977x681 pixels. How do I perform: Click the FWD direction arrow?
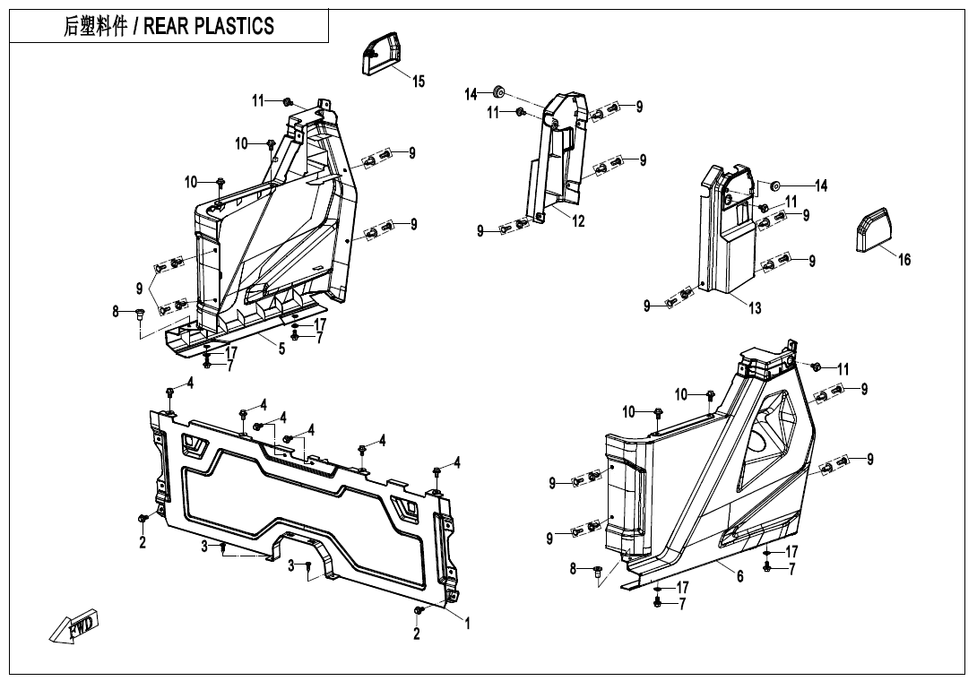pyautogui.click(x=76, y=626)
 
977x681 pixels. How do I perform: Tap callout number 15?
pyautogui.click(x=419, y=82)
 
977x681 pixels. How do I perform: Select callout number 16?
pyautogui.click(x=904, y=260)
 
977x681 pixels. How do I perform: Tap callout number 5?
pyautogui.click(x=281, y=349)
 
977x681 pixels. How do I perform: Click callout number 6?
pyautogui.click(x=740, y=576)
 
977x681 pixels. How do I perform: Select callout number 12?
pyautogui.click(x=579, y=221)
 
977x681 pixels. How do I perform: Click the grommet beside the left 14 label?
pyautogui.click(x=499, y=92)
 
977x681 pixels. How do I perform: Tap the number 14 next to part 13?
pyautogui.click(x=820, y=185)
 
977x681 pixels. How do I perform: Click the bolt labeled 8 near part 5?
pyautogui.click(x=140, y=313)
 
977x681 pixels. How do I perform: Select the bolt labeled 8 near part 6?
pyautogui.click(x=598, y=570)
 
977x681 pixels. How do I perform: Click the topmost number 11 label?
pyautogui.click(x=258, y=100)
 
